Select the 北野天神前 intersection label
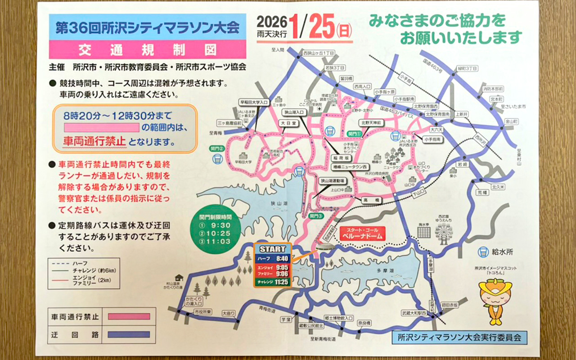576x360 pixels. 371,122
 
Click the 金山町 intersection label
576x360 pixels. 511,121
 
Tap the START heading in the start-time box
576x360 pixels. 273,249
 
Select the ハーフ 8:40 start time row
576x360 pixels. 273,259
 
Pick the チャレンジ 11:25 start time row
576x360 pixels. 273,282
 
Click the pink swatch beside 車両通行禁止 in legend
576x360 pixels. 128,316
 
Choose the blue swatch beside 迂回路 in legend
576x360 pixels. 128,334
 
